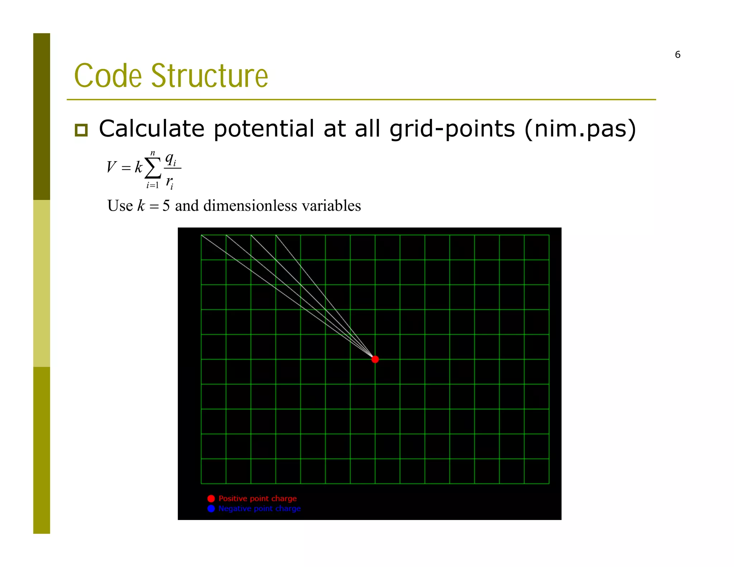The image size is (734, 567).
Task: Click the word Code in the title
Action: pyautogui.click(x=108, y=76)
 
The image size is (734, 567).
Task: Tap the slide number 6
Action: pyautogui.click(x=677, y=55)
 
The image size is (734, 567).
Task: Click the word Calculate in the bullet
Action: pyautogui.click(x=151, y=129)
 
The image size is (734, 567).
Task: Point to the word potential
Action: pyautogui.click(x=264, y=129)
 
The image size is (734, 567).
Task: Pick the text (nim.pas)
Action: pyautogui.click(x=580, y=129)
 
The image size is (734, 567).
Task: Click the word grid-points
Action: pyautogui.click(x=452, y=129)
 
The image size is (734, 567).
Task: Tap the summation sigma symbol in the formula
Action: pyautogui.click(x=153, y=168)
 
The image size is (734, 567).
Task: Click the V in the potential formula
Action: pyautogui.click(x=111, y=167)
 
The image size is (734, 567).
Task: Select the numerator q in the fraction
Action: pyautogui.click(x=170, y=158)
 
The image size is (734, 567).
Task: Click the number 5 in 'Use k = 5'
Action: pyautogui.click(x=166, y=206)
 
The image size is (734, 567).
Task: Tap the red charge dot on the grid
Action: pyautogui.click(x=375, y=359)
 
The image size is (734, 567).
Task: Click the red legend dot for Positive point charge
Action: pyautogui.click(x=211, y=499)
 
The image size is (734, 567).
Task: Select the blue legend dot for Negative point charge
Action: pyautogui.click(x=211, y=509)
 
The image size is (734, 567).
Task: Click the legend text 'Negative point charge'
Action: pyautogui.click(x=259, y=509)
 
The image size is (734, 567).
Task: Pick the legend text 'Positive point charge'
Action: pyautogui.click(x=258, y=499)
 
